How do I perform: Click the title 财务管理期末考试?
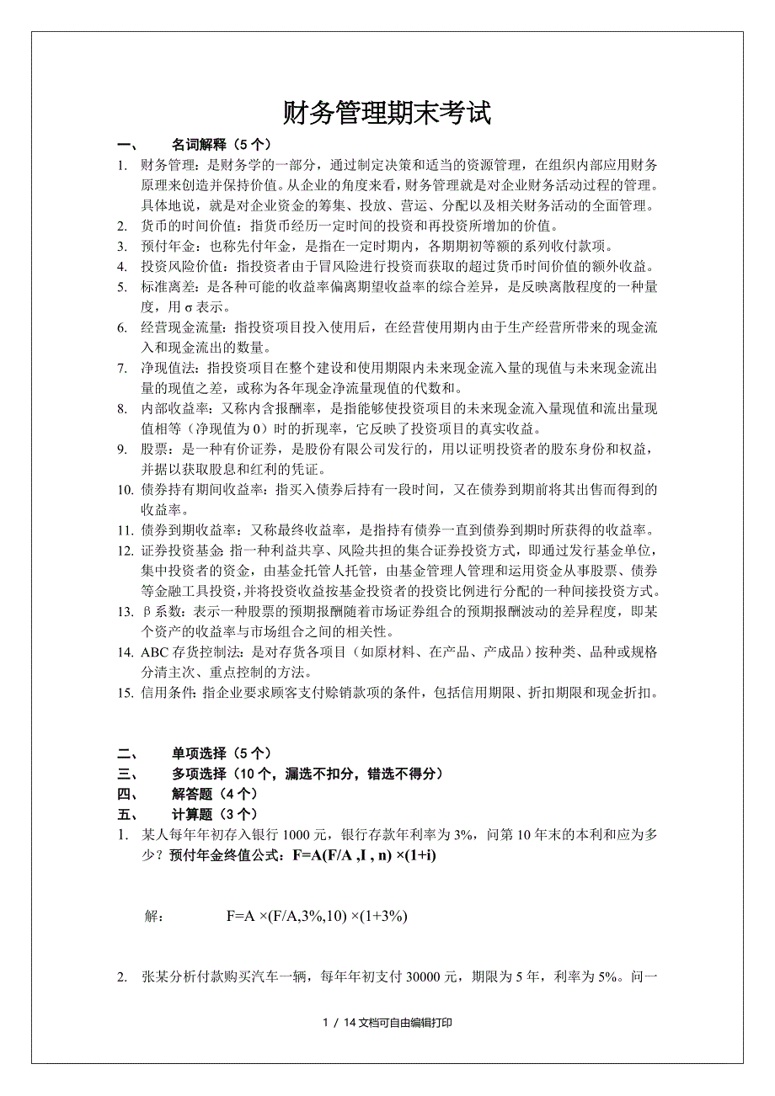(387, 113)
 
